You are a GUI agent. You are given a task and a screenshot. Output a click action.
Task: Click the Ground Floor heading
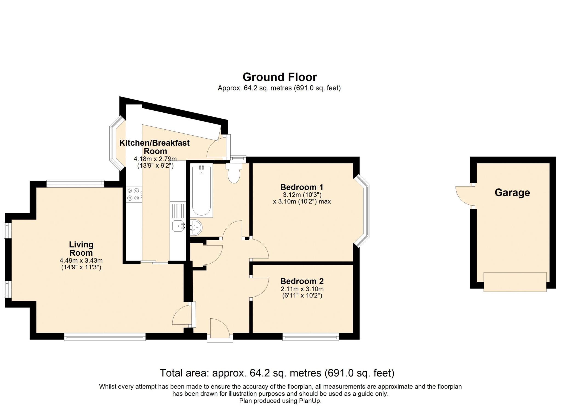(279, 77)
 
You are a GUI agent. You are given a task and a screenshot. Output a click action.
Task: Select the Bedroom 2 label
(302, 281)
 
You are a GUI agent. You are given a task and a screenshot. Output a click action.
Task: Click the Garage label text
(512, 193)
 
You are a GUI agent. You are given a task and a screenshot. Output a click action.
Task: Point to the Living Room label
(81, 249)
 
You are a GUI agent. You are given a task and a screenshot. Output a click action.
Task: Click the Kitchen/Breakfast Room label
(154, 147)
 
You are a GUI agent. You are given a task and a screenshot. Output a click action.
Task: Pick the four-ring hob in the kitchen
(134, 194)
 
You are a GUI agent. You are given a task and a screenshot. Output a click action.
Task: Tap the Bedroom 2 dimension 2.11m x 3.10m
(302, 289)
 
